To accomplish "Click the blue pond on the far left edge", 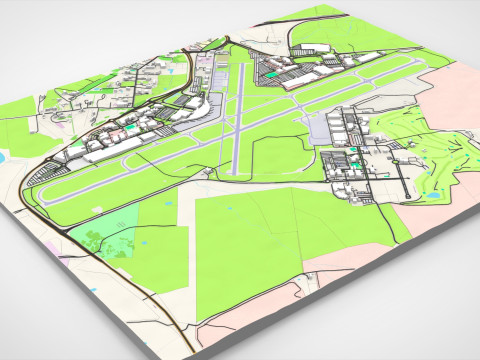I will (x=4, y=157).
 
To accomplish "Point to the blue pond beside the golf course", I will (x=432, y=197).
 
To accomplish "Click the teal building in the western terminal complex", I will (x=131, y=129).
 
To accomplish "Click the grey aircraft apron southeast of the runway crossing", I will (x=320, y=128).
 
